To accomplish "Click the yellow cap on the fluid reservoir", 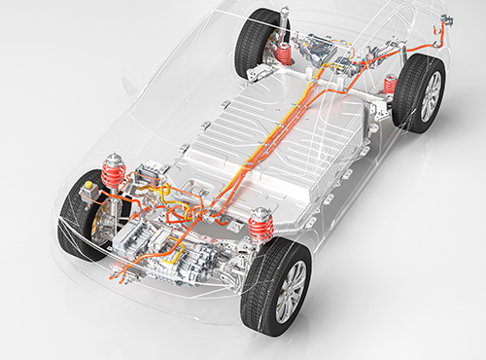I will [x=89, y=183].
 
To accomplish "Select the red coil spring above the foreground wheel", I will [x=260, y=230].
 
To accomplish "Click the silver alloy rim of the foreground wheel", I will [x=291, y=292].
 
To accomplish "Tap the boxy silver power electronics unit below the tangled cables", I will [x=146, y=238].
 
